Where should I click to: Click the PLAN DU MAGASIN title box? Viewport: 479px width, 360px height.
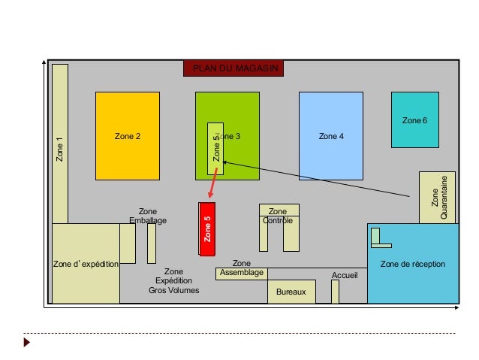(233, 68)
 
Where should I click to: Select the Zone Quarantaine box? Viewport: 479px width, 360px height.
(437, 197)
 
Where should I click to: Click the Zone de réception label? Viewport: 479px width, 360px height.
(412, 265)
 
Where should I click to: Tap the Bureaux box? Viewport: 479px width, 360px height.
(291, 291)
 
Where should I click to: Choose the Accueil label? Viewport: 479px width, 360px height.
(345, 276)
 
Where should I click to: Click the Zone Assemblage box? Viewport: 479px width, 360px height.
(241, 272)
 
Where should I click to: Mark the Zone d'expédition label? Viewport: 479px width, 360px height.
(86, 265)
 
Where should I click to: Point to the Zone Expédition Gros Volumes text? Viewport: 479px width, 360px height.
(173, 280)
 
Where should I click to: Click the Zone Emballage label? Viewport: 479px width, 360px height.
(148, 216)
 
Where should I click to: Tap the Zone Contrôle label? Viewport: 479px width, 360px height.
(278, 216)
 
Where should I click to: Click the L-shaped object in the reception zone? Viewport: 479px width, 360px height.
(378, 240)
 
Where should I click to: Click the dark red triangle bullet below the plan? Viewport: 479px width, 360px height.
(28, 343)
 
